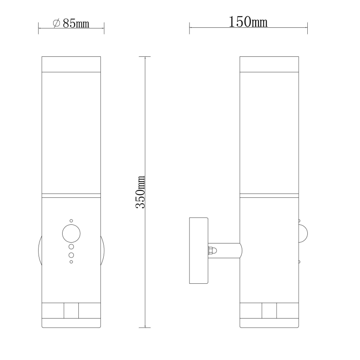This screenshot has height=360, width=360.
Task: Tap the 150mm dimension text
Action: [x=248, y=22]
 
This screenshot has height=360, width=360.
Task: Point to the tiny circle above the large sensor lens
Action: [x=71, y=220]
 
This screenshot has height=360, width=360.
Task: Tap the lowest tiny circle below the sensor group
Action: [x=71, y=262]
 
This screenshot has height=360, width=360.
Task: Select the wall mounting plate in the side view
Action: [x=198, y=251]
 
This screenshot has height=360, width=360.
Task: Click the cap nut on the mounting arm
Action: [x=211, y=250]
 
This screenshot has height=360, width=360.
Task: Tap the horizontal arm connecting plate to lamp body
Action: [x=226, y=250]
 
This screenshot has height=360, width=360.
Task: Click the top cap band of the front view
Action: [x=71, y=64]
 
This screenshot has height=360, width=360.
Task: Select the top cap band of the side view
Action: [x=269, y=64]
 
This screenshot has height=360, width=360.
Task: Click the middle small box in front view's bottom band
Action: [x=71, y=310]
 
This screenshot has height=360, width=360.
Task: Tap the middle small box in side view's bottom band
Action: [x=269, y=310]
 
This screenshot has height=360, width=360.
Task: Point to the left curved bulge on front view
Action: [x=40, y=250]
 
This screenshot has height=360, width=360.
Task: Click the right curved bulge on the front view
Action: [x=103, y=250]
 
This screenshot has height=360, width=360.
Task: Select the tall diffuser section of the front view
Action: [x=71, y=133]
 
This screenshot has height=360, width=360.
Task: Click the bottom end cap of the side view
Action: [x=269, y=324]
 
